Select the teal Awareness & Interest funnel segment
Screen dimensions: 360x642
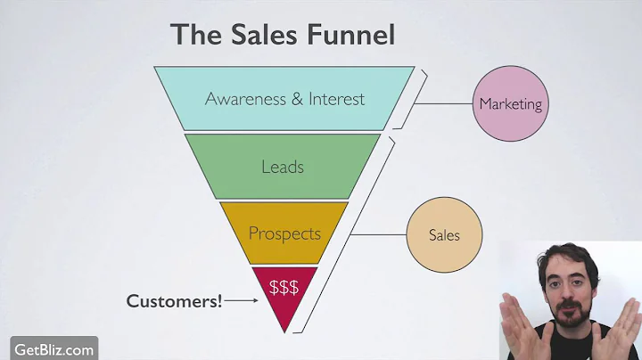(x=284, y=98)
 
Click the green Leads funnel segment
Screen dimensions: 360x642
(x=283, y=167)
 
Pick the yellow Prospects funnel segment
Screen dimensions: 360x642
(x=284, y=233)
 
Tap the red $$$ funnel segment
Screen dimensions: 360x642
(x=284, y=288)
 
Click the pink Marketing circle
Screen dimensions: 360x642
(x=510, y=104)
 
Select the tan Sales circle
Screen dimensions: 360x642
(x=444, y=235)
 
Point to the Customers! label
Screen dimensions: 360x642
(x=174, y=301)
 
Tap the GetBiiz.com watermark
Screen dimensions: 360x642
(x=53, y=348)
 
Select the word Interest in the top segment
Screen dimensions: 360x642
(x=336, y=98)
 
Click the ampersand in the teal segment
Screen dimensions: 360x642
(x=296, y=98)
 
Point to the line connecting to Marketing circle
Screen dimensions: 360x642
(x=443, y=104)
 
